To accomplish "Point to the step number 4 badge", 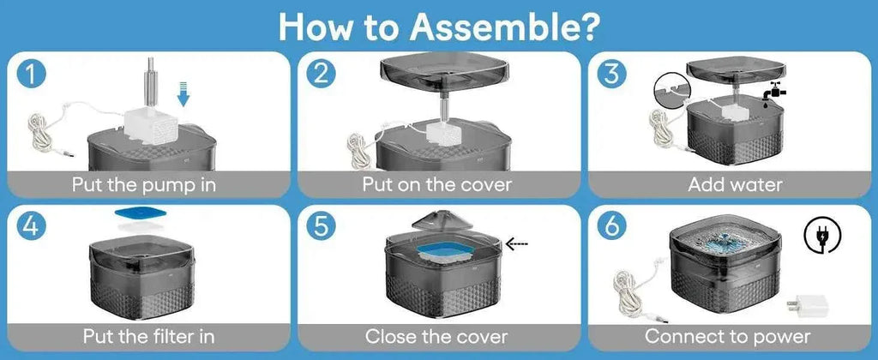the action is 29,228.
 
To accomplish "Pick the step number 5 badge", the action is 321,228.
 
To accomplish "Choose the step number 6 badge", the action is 612,228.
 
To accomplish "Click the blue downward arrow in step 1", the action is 183,93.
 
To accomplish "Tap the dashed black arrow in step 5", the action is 516,243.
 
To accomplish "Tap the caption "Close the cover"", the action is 436,337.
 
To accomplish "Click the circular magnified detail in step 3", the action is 671,90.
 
